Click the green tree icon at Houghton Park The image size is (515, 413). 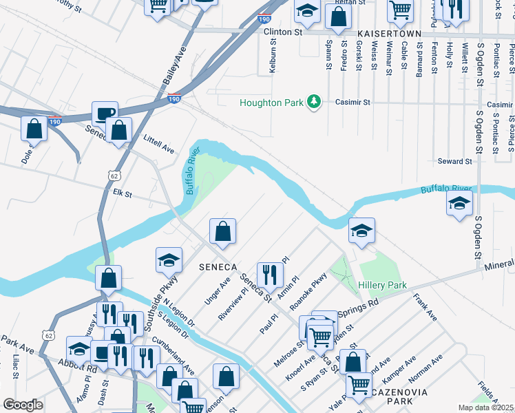(315, 102)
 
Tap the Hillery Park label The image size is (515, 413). (382, 285)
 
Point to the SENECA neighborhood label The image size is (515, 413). (218, 266)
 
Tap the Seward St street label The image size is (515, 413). (454, 161)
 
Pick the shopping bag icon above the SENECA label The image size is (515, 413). (222, 232)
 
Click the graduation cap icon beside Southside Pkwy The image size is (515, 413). (169, 260)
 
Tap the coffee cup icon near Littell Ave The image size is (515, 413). (105, 114)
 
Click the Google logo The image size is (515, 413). (23, 404)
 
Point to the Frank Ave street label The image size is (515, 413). (425, 308)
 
